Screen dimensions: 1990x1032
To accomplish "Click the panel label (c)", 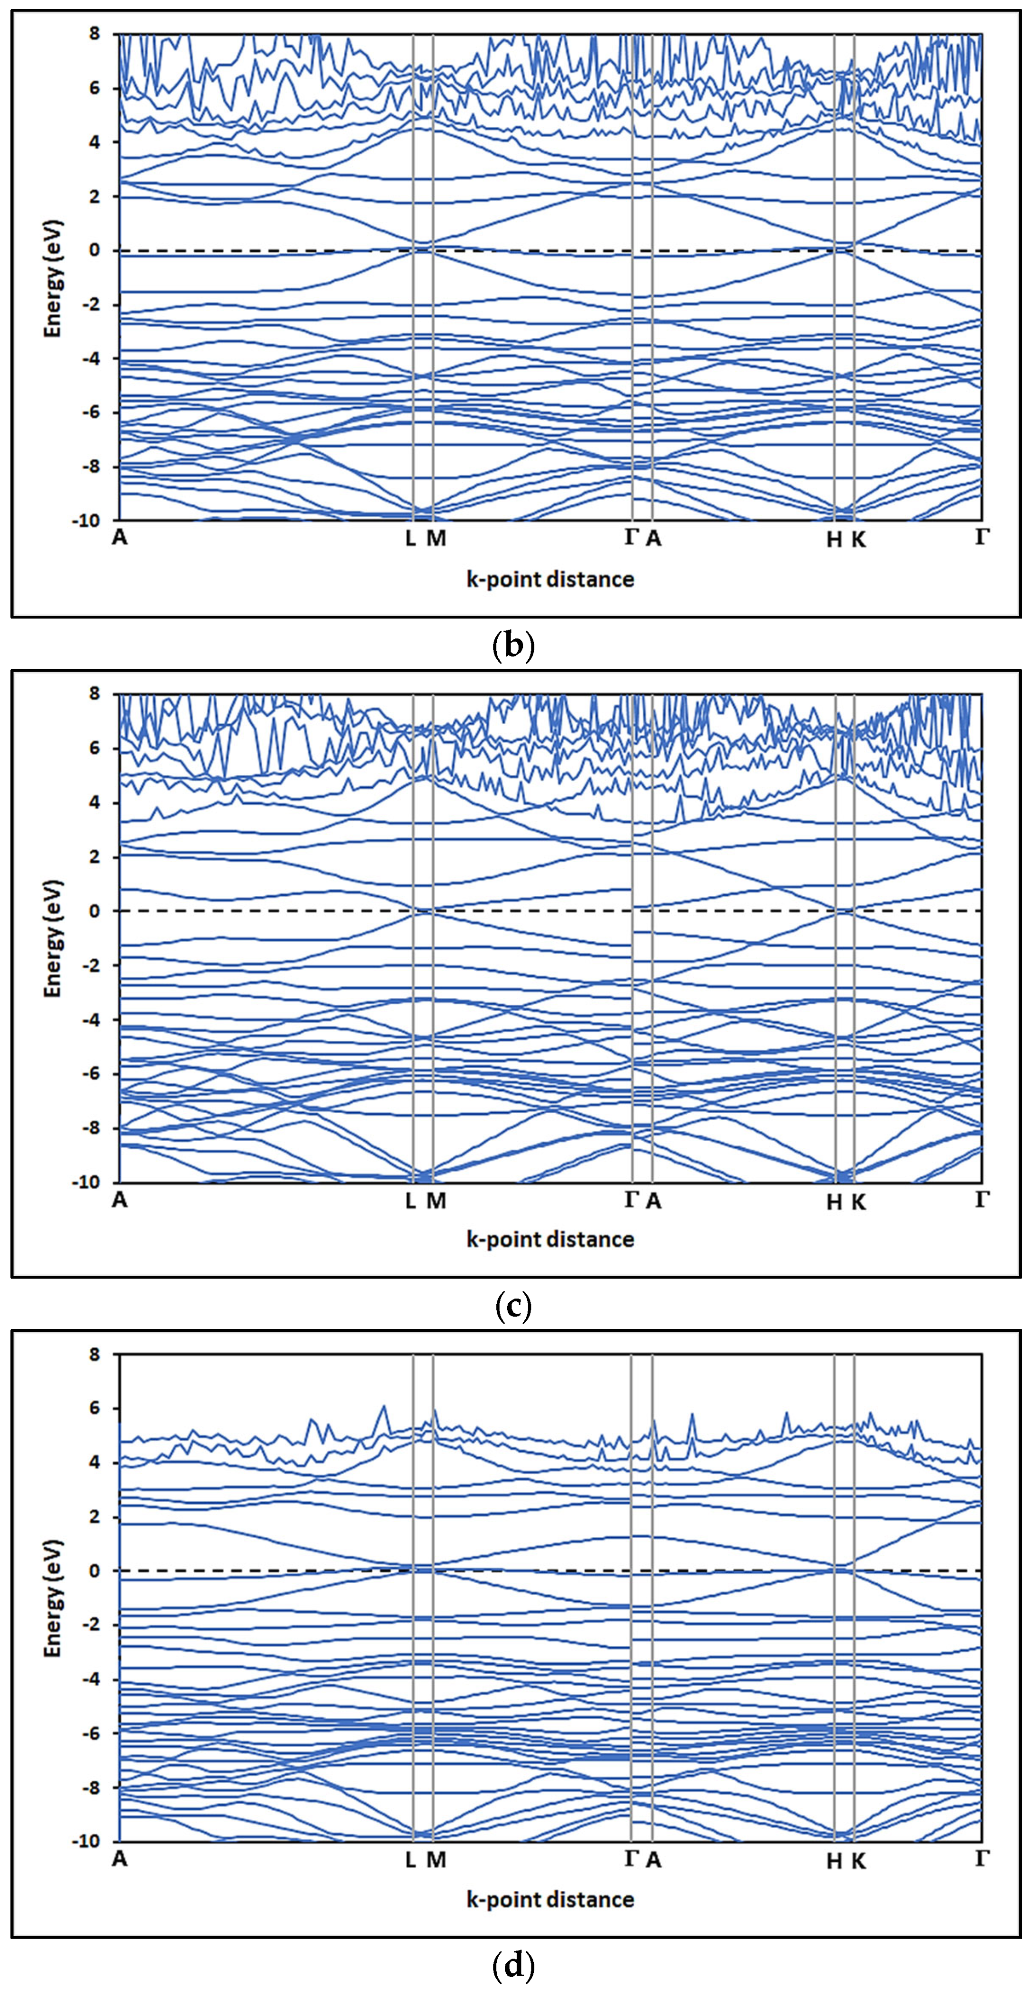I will coord(513,1306).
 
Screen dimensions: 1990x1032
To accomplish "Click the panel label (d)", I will coord(513,1964).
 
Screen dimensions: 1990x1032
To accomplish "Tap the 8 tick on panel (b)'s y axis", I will coord(94,34).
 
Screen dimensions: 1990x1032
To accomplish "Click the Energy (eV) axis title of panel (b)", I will coord(52,278).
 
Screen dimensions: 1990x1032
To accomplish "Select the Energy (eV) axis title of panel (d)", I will coord(52,1598).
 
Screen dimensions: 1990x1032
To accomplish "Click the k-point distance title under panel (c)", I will coord(550,1239).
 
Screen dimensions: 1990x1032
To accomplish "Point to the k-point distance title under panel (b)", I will coord(550,579).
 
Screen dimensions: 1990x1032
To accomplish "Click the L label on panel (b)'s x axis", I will coord(410,538).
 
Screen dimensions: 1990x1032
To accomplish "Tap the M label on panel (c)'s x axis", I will coord(436,1200).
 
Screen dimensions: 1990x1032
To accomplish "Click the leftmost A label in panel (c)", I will coord(119,1199).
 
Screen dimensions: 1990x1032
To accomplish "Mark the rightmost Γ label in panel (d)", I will coord(981,1858).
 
